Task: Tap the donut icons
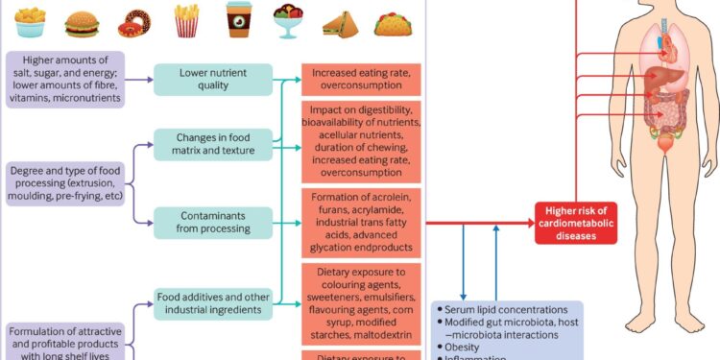pos(133,20)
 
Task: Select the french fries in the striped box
pos(185,19)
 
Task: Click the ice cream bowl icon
pos(287,20)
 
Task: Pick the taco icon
pos(391,20)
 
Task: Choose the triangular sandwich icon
pos(339,21)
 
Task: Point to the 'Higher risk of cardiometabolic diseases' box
pos(574,224)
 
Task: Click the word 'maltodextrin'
pos(386,324)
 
